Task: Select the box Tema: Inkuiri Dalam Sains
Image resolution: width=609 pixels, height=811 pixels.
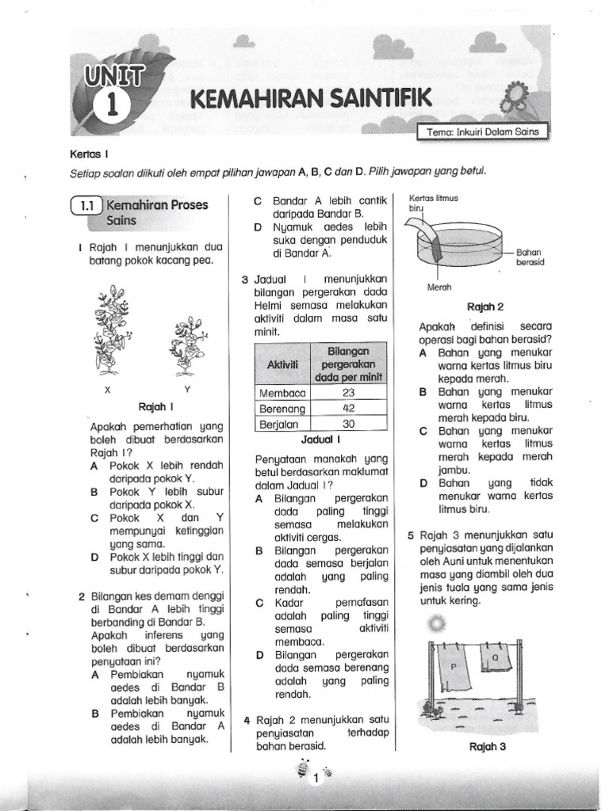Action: point(483,134)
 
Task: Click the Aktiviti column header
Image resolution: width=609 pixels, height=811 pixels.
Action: point(282,363)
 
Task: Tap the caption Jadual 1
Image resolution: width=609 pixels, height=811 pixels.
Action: point(320,438)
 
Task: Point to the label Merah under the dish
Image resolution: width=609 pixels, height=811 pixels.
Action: point(439,287)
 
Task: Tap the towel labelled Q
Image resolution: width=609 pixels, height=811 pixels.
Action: point(496,659)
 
